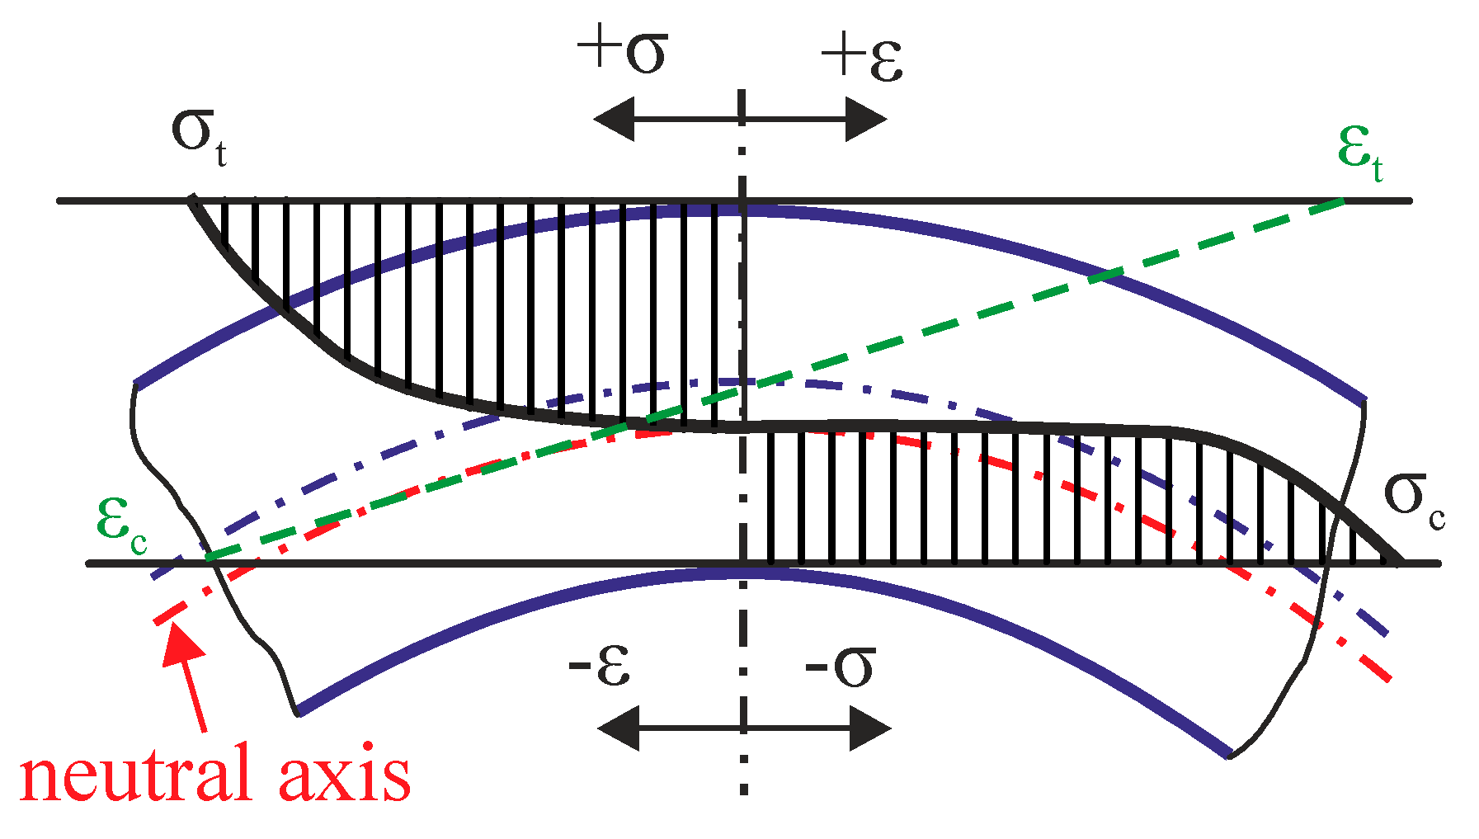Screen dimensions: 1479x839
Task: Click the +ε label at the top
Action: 862,58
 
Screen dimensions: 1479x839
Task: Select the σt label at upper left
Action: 199,136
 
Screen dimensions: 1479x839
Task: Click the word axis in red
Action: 346,773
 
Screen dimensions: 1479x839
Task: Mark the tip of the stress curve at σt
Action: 191,198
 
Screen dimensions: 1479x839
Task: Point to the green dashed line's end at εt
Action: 1343,200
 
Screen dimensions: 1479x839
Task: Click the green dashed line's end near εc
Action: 210,559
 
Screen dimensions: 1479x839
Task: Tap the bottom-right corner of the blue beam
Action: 1229,755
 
